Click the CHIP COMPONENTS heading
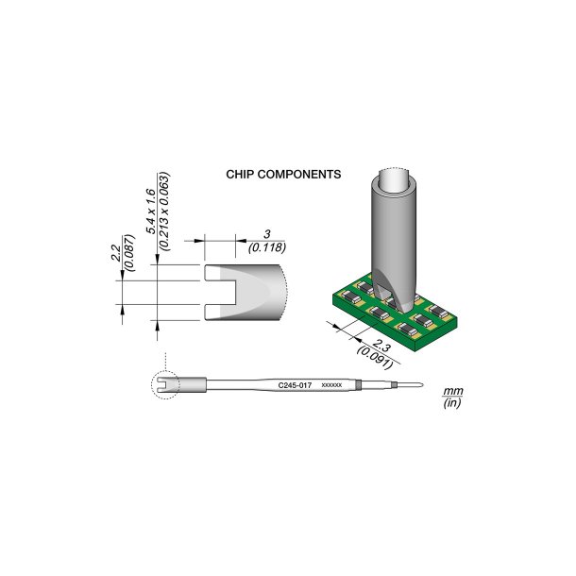tap(283, 175)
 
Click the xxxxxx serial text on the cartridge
tap(331, 385)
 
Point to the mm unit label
tap(450, 390)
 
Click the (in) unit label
tap(450, 403)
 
